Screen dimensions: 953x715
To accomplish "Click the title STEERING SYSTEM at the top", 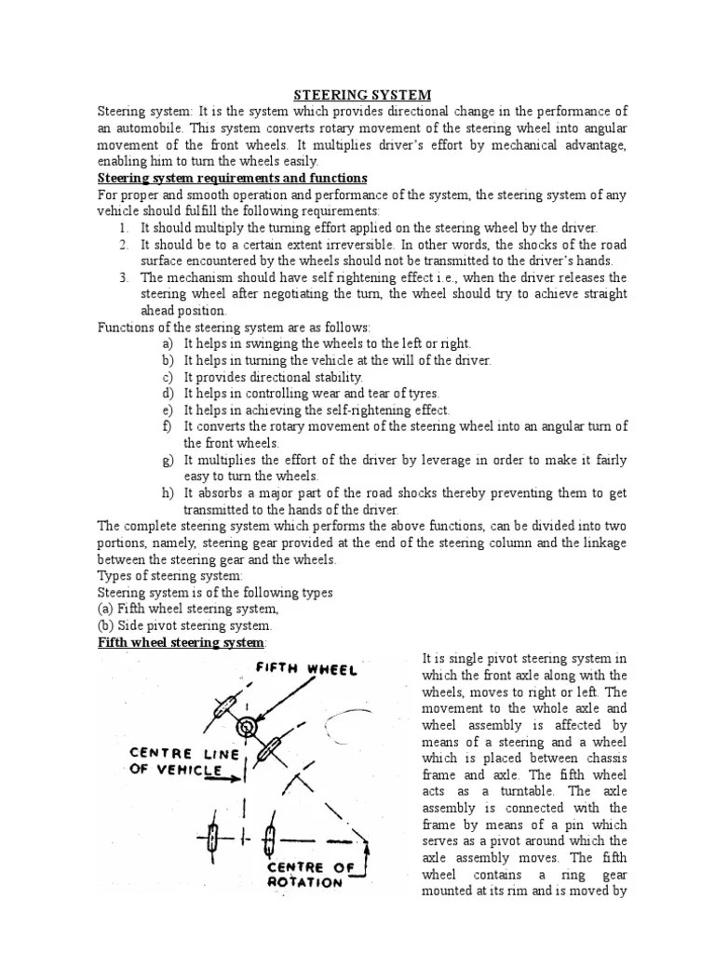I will pyautogui.click(x=362, y=95).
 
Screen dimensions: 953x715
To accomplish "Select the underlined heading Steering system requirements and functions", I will pyautogui.click(x=233, y=178).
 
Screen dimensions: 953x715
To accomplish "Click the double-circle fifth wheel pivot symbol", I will pyautogui.click(x=247, y=727).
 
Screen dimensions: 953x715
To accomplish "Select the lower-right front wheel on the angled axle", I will pyautogui.click(x=269, y=749).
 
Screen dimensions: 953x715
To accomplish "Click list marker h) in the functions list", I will pyautogui.click(x=168, y=493).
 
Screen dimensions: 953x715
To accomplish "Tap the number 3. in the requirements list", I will pyautogui.click(x=123, y=277).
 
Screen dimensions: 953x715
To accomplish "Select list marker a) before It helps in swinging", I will pyautogui.click(x=168, y=343).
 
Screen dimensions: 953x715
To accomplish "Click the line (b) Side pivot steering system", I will pyautogui.click(x=185, y=626).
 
